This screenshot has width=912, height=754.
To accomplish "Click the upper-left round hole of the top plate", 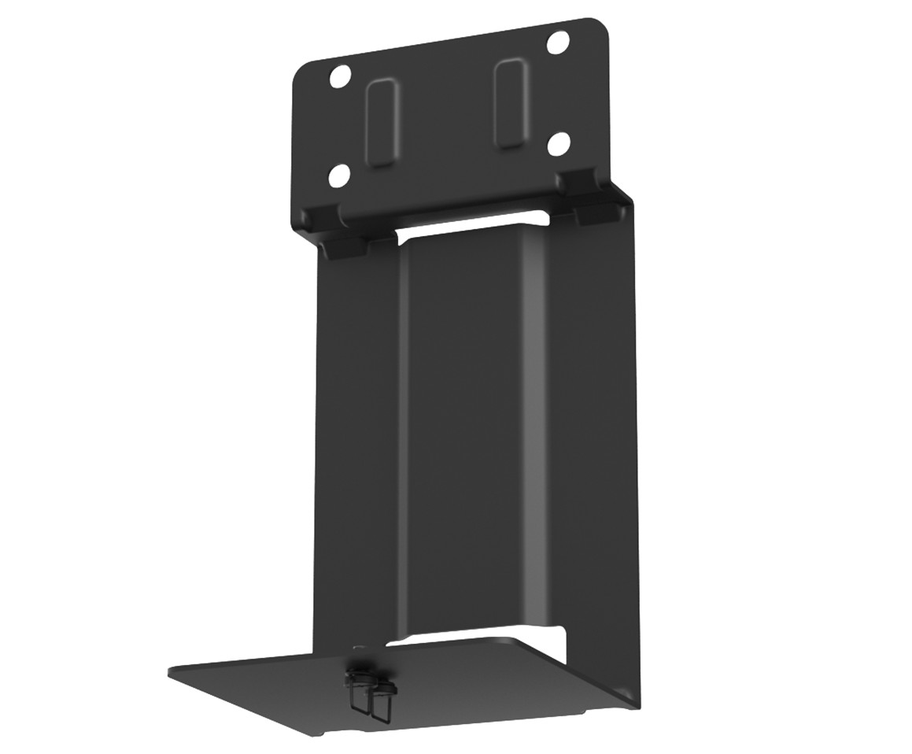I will (x=340, y=77).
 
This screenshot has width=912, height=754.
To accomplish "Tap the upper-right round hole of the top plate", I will (x=558, y=43).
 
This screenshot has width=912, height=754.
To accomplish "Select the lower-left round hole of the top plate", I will (x=339, y=176).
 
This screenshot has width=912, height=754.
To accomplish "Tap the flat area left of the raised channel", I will (x=358, y=456).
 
